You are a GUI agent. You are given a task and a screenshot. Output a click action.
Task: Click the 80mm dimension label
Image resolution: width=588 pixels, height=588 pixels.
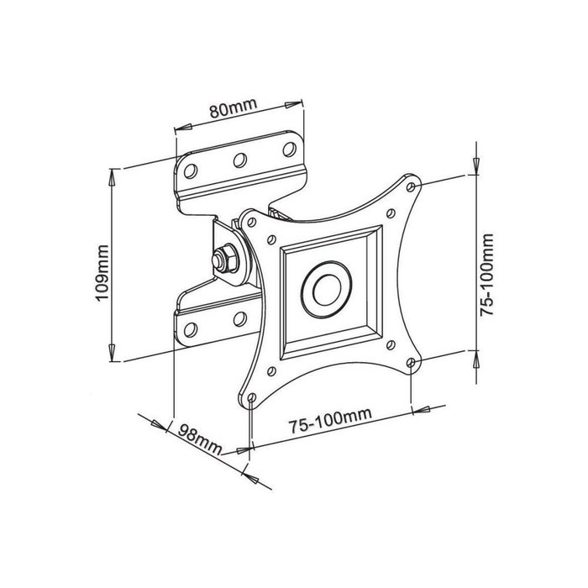pyautogui.click(x=232, y=110)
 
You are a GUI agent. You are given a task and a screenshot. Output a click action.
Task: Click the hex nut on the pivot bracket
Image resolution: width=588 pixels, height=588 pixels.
pyautogui.click(x=223, y=258)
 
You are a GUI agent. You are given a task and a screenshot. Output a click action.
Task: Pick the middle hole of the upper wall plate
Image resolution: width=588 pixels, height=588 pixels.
pyautogui.click(x=239, y=159)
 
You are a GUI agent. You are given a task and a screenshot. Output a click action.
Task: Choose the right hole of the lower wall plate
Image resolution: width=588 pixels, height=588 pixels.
pyautogui.click(x=239, y=318)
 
